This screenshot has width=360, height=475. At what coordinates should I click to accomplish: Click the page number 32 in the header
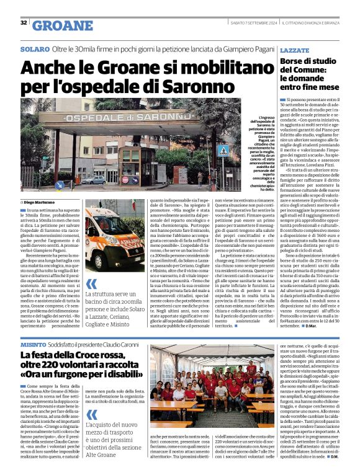[x=24, y=23]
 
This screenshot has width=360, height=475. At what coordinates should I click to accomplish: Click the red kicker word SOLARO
[x=34, y=48]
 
